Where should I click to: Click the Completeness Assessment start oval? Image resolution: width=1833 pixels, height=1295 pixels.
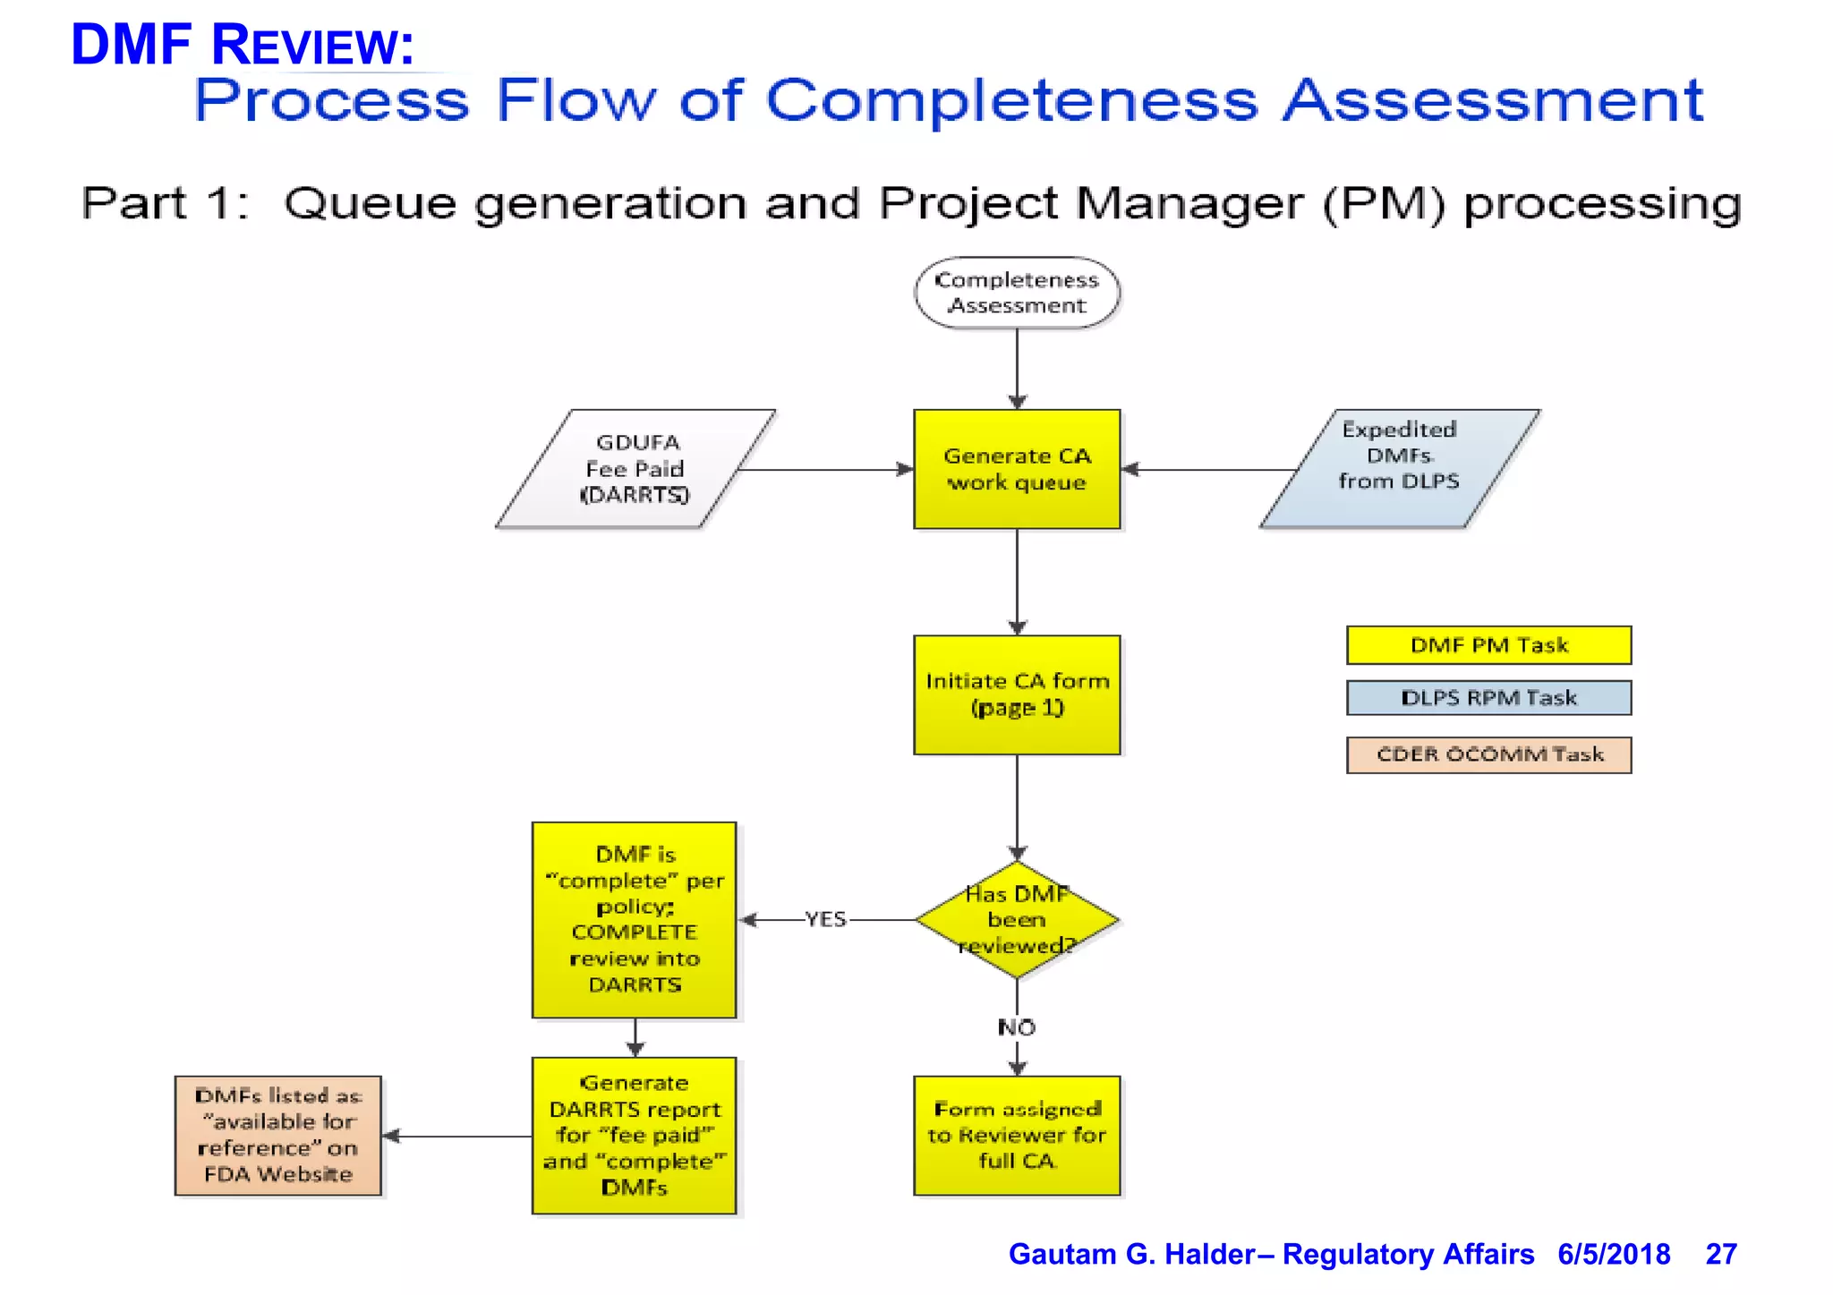click(x=1017, y=293)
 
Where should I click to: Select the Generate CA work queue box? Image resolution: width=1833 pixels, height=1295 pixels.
click(x=1017, y=469)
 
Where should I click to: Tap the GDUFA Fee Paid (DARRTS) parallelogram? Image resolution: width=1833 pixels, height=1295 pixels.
click(x=635, y=469)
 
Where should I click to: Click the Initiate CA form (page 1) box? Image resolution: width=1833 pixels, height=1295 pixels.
click(x=1017, y=694)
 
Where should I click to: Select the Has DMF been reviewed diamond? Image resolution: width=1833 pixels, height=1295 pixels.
click(x=1017, y=919)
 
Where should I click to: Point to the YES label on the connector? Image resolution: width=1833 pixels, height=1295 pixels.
click(x=824, y=919)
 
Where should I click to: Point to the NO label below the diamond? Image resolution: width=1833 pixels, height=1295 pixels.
click(x=1017, y=1027)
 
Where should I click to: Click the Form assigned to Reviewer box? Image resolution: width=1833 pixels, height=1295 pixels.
click(x=1017, y=1135)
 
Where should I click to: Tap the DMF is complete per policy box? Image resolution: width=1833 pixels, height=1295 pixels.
click(x=635, y=919)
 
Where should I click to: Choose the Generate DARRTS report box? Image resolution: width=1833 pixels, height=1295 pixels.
click(x=635, y=1135)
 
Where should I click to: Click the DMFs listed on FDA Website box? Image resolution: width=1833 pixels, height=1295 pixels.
click(x=277, y=1135)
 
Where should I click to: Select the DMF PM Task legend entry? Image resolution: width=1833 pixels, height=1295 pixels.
click(x=1488, y=645)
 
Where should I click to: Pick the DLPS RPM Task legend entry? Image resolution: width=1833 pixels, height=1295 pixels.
click(x=1488, y=698)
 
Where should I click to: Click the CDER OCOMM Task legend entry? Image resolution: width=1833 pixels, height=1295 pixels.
click(x=1488, y=754)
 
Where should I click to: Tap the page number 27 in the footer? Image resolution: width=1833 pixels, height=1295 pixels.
click(x=1720, y=1254)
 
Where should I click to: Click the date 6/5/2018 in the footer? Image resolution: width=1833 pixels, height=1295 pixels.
click(x=1613, y=1254)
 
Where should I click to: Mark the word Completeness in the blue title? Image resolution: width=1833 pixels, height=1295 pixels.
click(x=1011, y=100)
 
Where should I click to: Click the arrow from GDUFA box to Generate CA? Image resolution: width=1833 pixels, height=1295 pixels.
click(x=823, y=469)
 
